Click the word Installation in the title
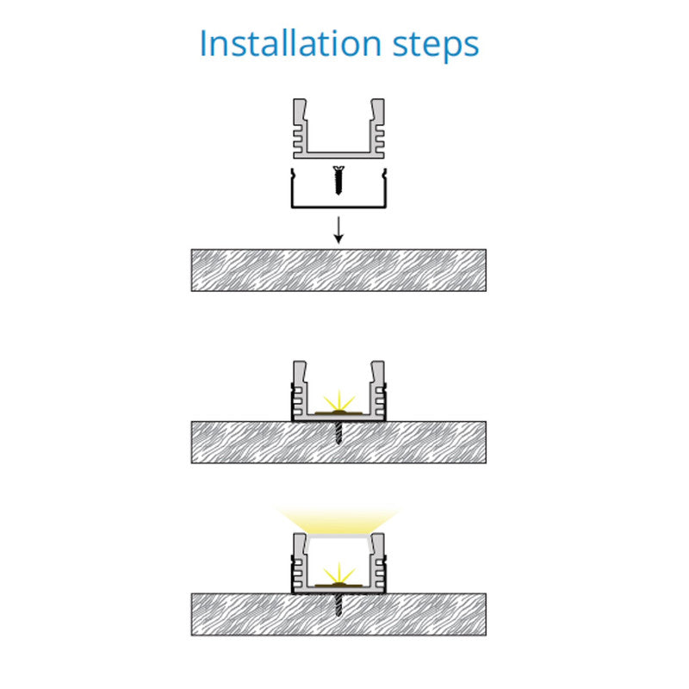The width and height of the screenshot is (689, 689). coord(290,43)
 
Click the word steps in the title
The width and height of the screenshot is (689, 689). coord(436,46)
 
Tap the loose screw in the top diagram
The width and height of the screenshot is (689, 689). coord(338,180)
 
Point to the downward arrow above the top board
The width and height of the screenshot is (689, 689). coord(338,230)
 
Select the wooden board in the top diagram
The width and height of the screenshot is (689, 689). coord(338,270)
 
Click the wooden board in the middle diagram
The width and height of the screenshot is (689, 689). coord(338,443)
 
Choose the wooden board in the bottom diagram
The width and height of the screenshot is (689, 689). coord(338,614)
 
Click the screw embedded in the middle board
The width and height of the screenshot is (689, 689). coord(338,433)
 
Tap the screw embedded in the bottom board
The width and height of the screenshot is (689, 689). coord(338,605)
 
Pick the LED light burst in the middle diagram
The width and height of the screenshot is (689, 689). coord(338,402)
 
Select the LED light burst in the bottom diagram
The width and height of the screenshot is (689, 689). coord(338,574)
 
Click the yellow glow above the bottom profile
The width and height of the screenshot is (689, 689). coord(338,521)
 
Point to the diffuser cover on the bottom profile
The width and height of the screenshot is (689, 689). coord(338,537)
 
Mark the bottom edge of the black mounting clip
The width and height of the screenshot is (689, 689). coord(338,207)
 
